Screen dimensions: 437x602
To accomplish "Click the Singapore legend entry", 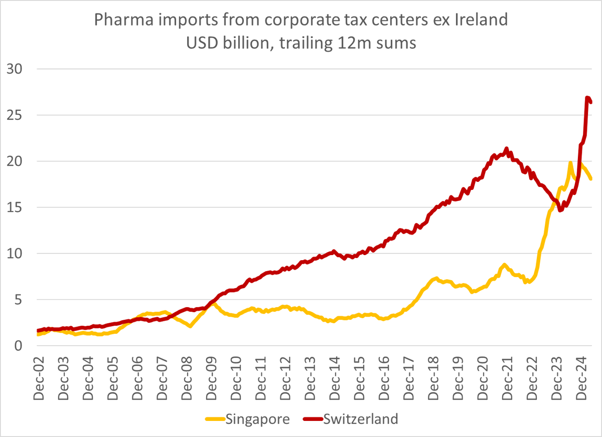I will coord(257,419).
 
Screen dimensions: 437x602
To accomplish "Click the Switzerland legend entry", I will coord(361,419).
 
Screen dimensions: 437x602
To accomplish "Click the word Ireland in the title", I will coord(477,21).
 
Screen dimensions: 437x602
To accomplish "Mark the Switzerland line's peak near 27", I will coord(587,98).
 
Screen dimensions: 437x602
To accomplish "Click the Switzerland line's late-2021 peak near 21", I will coord(506,148).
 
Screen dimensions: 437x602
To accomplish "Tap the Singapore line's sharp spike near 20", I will coord(570,163).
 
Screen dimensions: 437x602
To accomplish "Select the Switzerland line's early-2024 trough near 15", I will coord(560,210).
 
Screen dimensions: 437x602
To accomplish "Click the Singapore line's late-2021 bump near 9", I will coord(504,265).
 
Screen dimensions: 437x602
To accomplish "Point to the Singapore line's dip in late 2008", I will coord(190,326).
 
